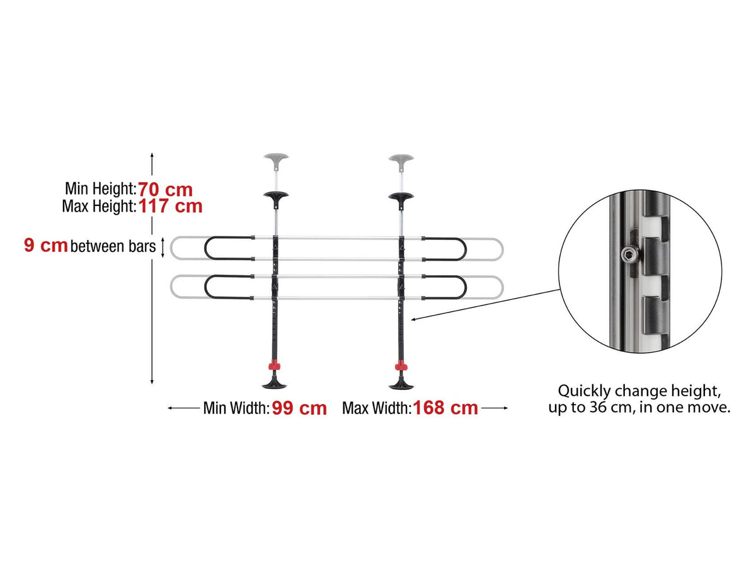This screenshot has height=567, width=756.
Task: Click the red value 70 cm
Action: click(165, 190)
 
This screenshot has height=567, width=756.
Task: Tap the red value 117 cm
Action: click(170, 206)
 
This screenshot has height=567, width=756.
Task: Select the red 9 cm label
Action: click(45, 246)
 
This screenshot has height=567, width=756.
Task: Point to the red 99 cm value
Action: click(299, 408)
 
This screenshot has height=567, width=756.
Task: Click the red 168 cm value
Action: click(445, 408)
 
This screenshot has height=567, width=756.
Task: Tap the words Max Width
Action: click(377, 408)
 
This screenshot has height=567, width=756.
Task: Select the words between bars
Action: click(113, 246)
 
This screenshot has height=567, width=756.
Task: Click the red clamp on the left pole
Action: click(274, 365)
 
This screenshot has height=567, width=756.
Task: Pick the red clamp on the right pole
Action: click(401, 365)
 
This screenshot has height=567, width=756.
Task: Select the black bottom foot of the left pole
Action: click(274, 382)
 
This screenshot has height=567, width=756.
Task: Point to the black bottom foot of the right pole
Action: click(401, 383)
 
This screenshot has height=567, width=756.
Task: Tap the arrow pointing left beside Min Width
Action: click(183, 408)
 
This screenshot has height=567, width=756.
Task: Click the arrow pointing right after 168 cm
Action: click(495, 408)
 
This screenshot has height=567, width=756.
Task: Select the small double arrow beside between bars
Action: click(163, 248)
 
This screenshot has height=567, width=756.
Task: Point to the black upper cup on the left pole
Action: click(276, 198)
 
